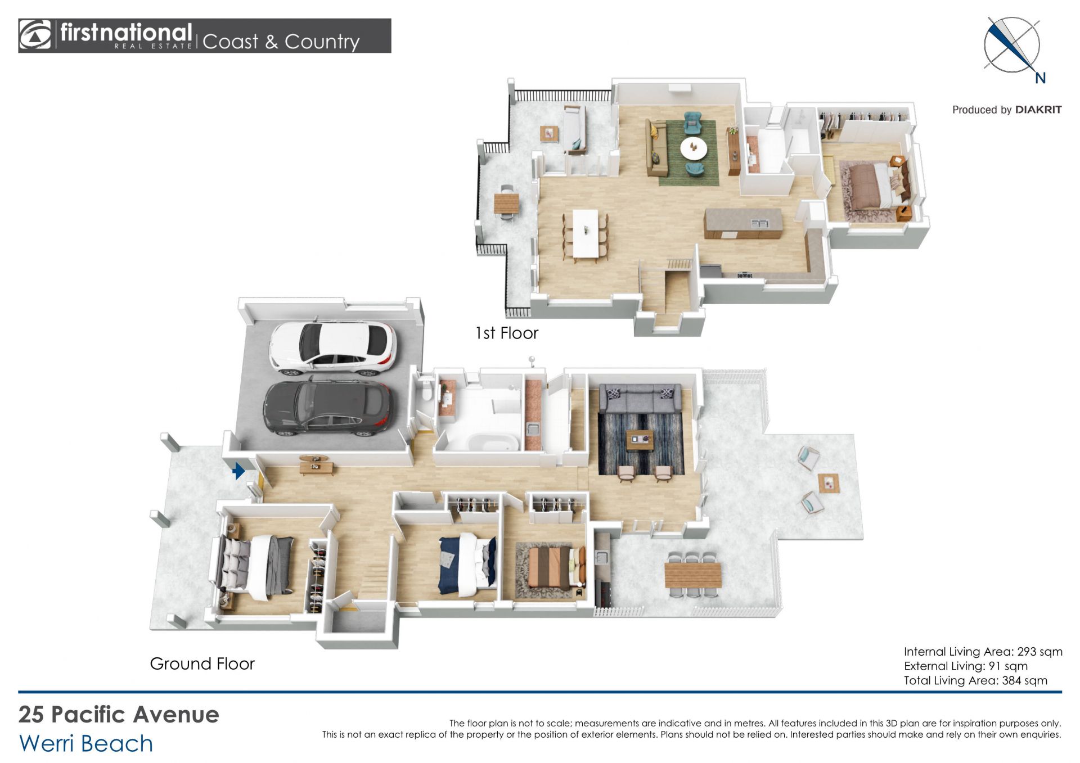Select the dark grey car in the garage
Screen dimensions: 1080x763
tap(327, 408)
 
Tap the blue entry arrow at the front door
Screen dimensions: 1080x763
tap(238, 471)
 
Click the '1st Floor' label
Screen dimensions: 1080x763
tap(507, 333)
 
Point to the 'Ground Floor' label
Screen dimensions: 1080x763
tap(202, 664)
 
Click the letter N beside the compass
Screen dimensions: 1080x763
tap(1040, 79)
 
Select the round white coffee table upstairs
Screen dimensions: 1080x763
tap(694, 148)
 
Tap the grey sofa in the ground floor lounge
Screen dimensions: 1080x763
tap(640, 399)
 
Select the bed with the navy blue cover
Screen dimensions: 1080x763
tap(467, 565)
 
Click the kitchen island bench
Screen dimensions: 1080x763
tap(743, 223)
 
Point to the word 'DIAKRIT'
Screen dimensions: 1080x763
tap(1038, 110)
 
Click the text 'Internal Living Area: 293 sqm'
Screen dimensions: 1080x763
tap(983, 652)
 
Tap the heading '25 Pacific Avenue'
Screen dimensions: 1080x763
tap(119, 715)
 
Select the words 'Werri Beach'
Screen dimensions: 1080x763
tap(86, 743)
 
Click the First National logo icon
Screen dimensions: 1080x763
tap(35, 35)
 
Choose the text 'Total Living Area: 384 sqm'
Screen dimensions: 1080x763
tap(975, 680)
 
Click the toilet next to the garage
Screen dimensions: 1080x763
tap(427, 390)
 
